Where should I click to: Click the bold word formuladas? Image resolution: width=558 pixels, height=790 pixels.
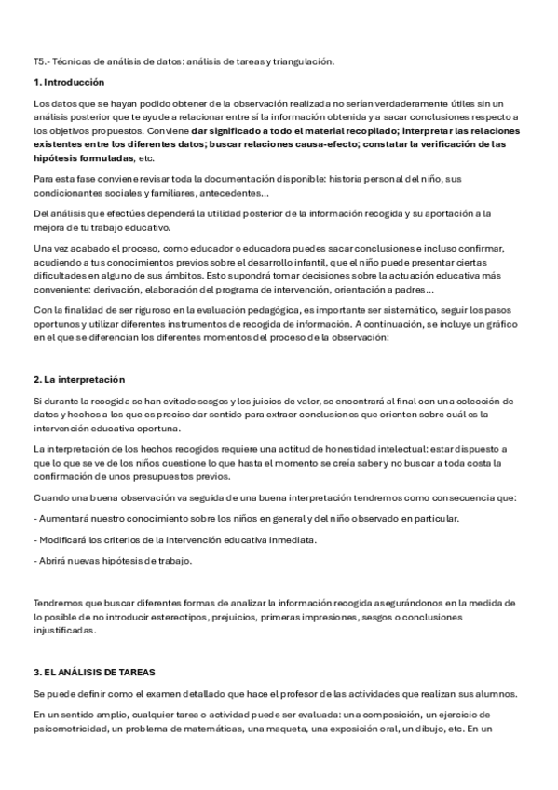click(x=102, y=158)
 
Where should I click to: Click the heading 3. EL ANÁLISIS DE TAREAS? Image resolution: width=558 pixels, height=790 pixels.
click(x=93, y=673)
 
